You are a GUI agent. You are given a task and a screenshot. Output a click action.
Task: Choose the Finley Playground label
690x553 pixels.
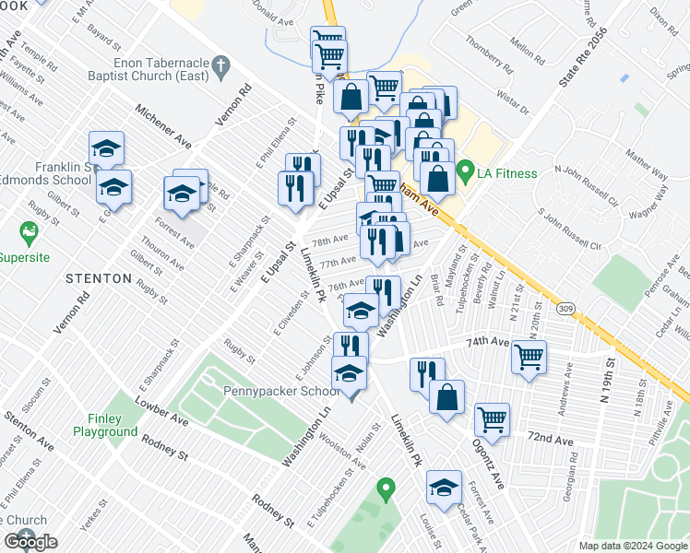point(106,425)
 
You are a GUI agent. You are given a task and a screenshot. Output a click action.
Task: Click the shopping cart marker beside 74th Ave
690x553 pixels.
point(529,355)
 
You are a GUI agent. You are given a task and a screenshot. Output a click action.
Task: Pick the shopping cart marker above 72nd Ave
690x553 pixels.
point(492,418)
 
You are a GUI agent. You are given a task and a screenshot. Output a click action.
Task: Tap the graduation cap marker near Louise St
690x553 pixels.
point(445,485)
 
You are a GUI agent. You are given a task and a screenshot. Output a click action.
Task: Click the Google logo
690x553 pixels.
point(30,542)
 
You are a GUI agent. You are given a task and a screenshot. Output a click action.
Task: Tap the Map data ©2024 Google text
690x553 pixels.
point(633,546)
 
